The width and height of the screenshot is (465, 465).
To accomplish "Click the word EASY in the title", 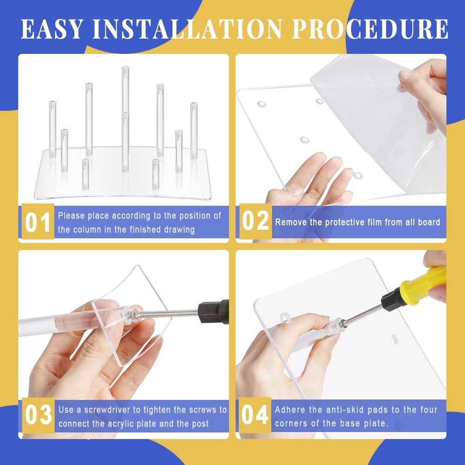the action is pos(52,29).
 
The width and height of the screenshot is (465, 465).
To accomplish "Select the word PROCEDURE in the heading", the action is pos(370,29).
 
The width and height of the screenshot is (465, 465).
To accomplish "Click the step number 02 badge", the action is pos(255,221).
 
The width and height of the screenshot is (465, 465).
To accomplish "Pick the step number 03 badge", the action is pos(38,415).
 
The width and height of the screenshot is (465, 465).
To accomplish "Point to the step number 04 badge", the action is pos(255,415).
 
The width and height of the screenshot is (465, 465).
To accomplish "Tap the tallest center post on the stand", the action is pos(126,89).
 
